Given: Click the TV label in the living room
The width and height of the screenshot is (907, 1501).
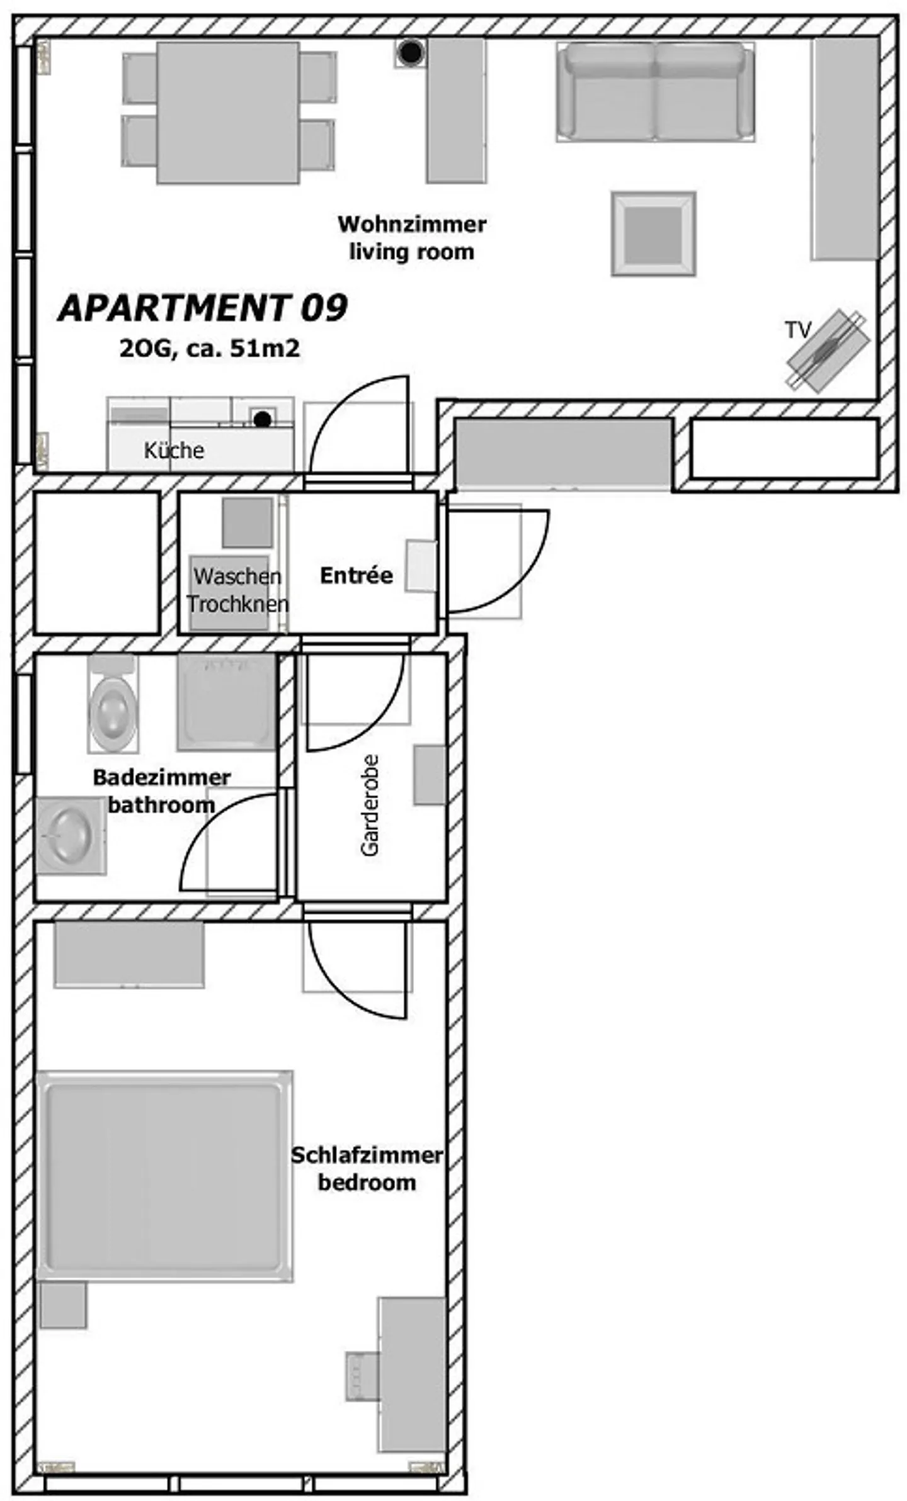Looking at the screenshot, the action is pyautogui.click(x=797, y=329).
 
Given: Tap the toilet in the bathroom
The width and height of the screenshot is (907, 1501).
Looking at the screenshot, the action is pyautogui.click(x=113, y=703).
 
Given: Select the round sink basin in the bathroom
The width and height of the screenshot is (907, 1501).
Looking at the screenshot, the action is pyautogui.click(x=71, y=835).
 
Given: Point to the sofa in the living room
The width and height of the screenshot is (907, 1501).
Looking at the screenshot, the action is pyautogui.click(x=655, y=91).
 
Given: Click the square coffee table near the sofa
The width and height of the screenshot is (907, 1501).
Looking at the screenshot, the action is pyautogui.click(x=653, y=233).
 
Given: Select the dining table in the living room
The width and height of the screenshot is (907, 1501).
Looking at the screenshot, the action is pyautogui.click(x=228, y=113).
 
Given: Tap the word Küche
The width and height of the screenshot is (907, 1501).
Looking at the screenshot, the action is pyautogui.click(x=174, y=450).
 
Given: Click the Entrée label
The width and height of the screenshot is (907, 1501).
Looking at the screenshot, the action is pyautogui.click(x=356, y=575).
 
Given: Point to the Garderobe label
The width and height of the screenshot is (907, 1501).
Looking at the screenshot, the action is pyautogui.click(x=370, y=805).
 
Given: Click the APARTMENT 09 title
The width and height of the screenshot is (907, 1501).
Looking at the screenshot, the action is pyautogui.click(x=203, y=308).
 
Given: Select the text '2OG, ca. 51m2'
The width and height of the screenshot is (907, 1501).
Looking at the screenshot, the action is pyautogui.click(x=210, y=348).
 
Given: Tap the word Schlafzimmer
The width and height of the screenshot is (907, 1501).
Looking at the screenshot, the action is pyautogui.click(x=367, y=1155).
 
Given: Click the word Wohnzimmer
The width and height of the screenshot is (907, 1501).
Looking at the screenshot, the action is pyautogui.click(x=412, y=224).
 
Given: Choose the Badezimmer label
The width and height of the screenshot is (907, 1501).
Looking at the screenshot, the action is pyautogui.click(x=162, y=777).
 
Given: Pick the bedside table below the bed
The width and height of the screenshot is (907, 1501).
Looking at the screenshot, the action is pyautogui.click(x=63, y=1305).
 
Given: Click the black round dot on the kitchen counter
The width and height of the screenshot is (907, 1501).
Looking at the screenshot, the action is pyautogui.click(x=263, y=419).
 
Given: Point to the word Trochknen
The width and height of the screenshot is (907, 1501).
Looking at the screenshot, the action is pyautogui.click(x=237, y=604).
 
